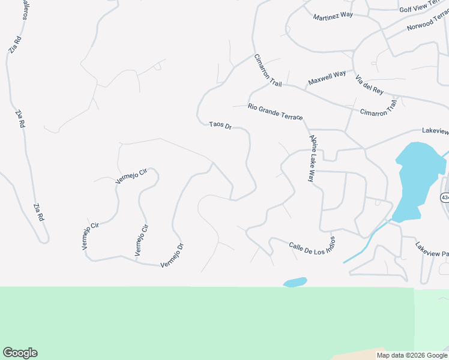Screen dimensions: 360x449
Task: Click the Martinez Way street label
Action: tap(333, 16)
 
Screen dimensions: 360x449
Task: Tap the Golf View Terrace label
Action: tap(423, 8)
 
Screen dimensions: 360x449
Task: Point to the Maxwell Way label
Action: tap(327, 77)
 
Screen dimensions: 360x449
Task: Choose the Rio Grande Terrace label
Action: tap(275, 111)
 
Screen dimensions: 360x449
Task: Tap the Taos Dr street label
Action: tap(220, 125)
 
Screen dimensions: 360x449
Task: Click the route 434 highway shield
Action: tap(444, 197)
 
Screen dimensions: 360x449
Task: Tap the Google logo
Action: tap(20, 353)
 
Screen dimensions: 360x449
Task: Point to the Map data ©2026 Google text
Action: tap(411, 355)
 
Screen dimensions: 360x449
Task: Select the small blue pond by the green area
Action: tap(295, 282)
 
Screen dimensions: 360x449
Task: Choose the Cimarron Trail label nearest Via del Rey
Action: tap(379, 109)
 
